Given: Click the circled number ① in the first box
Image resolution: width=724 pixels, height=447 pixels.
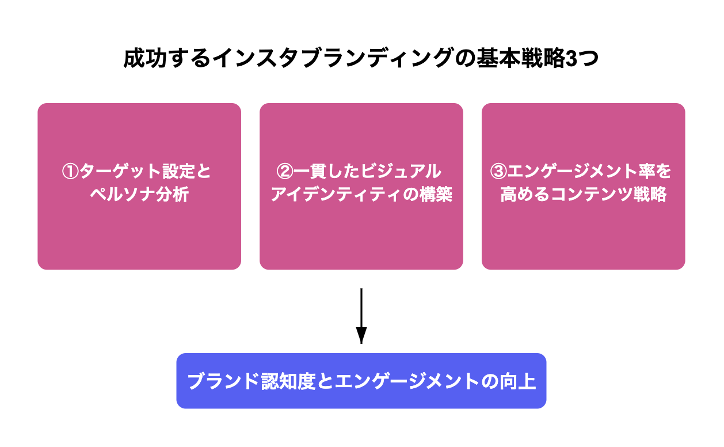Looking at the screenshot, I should [70, 172].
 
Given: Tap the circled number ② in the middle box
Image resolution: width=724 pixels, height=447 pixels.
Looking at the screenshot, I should [285, 172].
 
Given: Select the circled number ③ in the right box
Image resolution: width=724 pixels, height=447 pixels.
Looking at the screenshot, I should [498, 172].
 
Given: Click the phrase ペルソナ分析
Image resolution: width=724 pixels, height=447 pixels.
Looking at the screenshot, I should [139, 195].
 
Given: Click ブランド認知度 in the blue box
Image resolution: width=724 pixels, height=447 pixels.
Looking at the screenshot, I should [252, 381].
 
